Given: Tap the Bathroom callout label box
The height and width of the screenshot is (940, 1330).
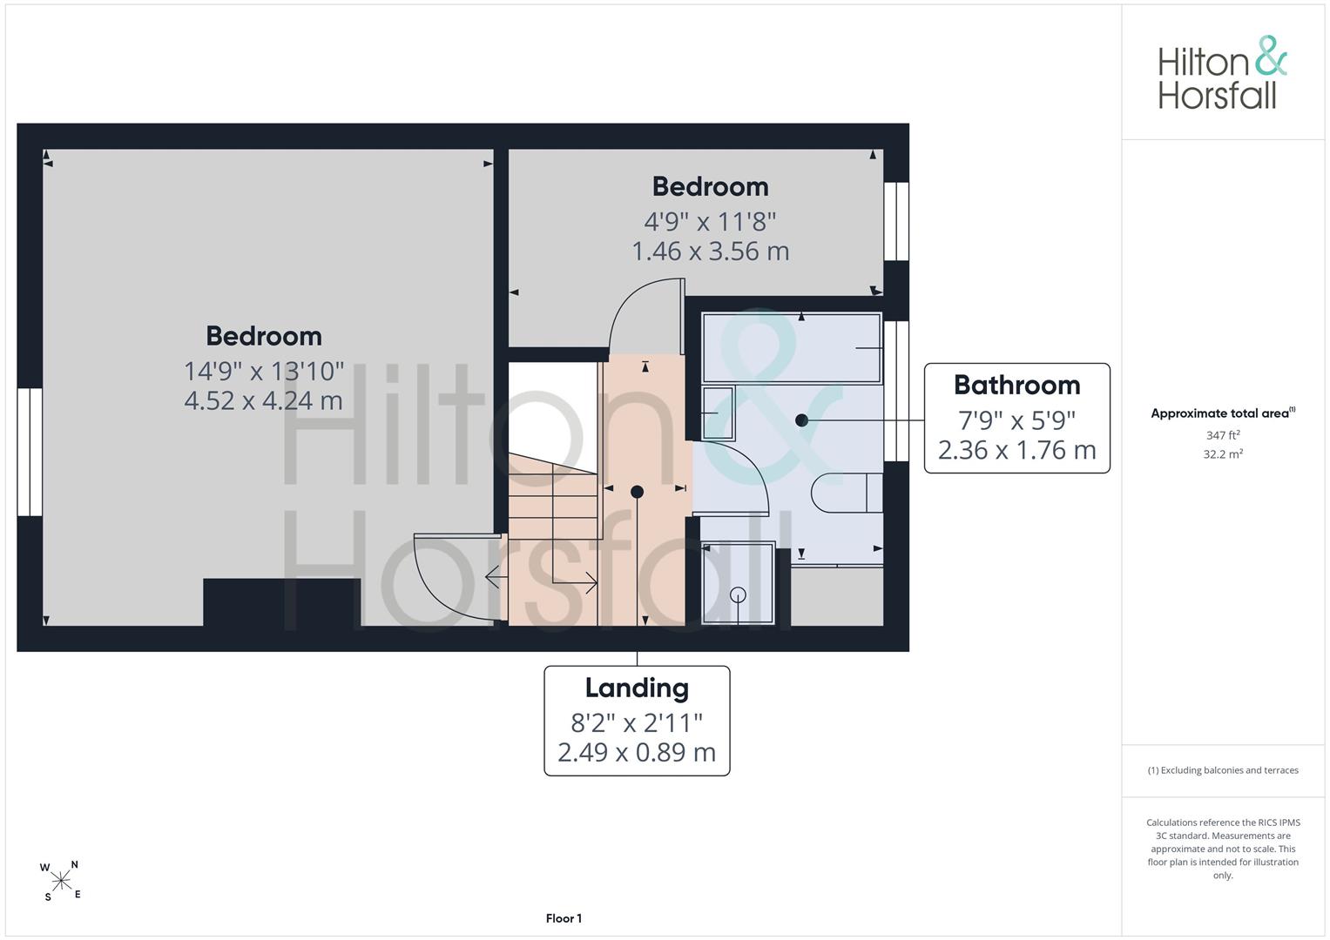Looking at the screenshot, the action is tap(1016, 418).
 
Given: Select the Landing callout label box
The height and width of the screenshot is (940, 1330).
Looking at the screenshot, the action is tap(637, 721).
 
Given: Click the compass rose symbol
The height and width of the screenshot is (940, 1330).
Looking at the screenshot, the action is tap(61, 881).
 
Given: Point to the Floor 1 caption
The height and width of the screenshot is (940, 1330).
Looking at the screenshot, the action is tap(564, 918).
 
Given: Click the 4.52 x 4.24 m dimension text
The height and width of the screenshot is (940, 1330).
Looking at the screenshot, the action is tap(263, 400).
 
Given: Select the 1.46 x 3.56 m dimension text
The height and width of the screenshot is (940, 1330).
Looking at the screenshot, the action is tap(710, 251).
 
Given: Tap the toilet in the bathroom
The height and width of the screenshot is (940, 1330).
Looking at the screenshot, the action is tap(847, 493).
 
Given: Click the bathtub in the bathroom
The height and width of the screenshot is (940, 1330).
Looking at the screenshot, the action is tap(792, 348).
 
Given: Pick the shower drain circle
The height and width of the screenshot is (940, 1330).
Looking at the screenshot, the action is tap(738, 594).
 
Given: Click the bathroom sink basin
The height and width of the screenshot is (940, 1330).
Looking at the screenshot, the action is tap(719, 413).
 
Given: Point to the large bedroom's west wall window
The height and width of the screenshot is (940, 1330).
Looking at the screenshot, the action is tap(30, 453).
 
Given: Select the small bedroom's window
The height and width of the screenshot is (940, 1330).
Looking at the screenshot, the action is tap(896, 221).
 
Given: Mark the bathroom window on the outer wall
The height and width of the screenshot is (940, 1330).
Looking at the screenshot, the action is tap(896, 391).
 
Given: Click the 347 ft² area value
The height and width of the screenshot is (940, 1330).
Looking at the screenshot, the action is tap(1223, 435).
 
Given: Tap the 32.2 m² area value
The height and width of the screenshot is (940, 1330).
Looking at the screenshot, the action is tap(1223, 454).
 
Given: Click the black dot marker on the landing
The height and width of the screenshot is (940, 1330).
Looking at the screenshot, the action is tap(637, 492).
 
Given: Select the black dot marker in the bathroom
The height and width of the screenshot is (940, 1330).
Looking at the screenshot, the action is tap(801, 420).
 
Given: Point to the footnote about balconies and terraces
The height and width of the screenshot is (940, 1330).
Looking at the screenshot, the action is tap(1223, 770).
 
